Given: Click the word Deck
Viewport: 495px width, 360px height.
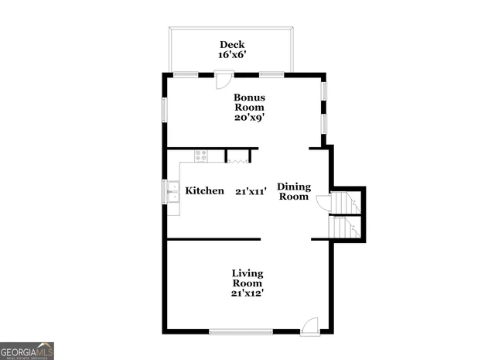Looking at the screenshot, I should pos(231,44).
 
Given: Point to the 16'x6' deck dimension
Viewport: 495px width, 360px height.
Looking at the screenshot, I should pos(231,55).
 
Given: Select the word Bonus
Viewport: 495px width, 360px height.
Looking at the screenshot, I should pos(250,98).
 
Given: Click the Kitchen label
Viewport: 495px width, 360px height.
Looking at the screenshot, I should pos(205,190).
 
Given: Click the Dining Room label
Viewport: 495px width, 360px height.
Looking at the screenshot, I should pos(293,191).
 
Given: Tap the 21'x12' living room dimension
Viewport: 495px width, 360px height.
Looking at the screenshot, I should pos(247,293).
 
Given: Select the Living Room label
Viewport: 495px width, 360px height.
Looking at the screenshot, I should pos(247,278).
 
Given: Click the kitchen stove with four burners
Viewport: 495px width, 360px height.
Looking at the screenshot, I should pos(200,155).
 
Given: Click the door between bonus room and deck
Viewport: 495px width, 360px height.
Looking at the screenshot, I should pos(224,80).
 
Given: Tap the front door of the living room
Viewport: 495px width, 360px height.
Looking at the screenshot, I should pos(309,325).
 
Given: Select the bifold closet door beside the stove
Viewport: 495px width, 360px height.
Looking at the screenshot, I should pos(237,158).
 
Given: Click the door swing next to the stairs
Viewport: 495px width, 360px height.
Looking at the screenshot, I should pos(324,202).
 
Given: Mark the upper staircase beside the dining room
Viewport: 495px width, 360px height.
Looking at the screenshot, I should pos(345,202).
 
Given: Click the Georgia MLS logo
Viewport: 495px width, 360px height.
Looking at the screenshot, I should pos(27,350).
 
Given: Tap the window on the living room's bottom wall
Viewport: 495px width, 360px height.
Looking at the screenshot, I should pos(239,332).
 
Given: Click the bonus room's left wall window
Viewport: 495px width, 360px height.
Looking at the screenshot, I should pos(163,109).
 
